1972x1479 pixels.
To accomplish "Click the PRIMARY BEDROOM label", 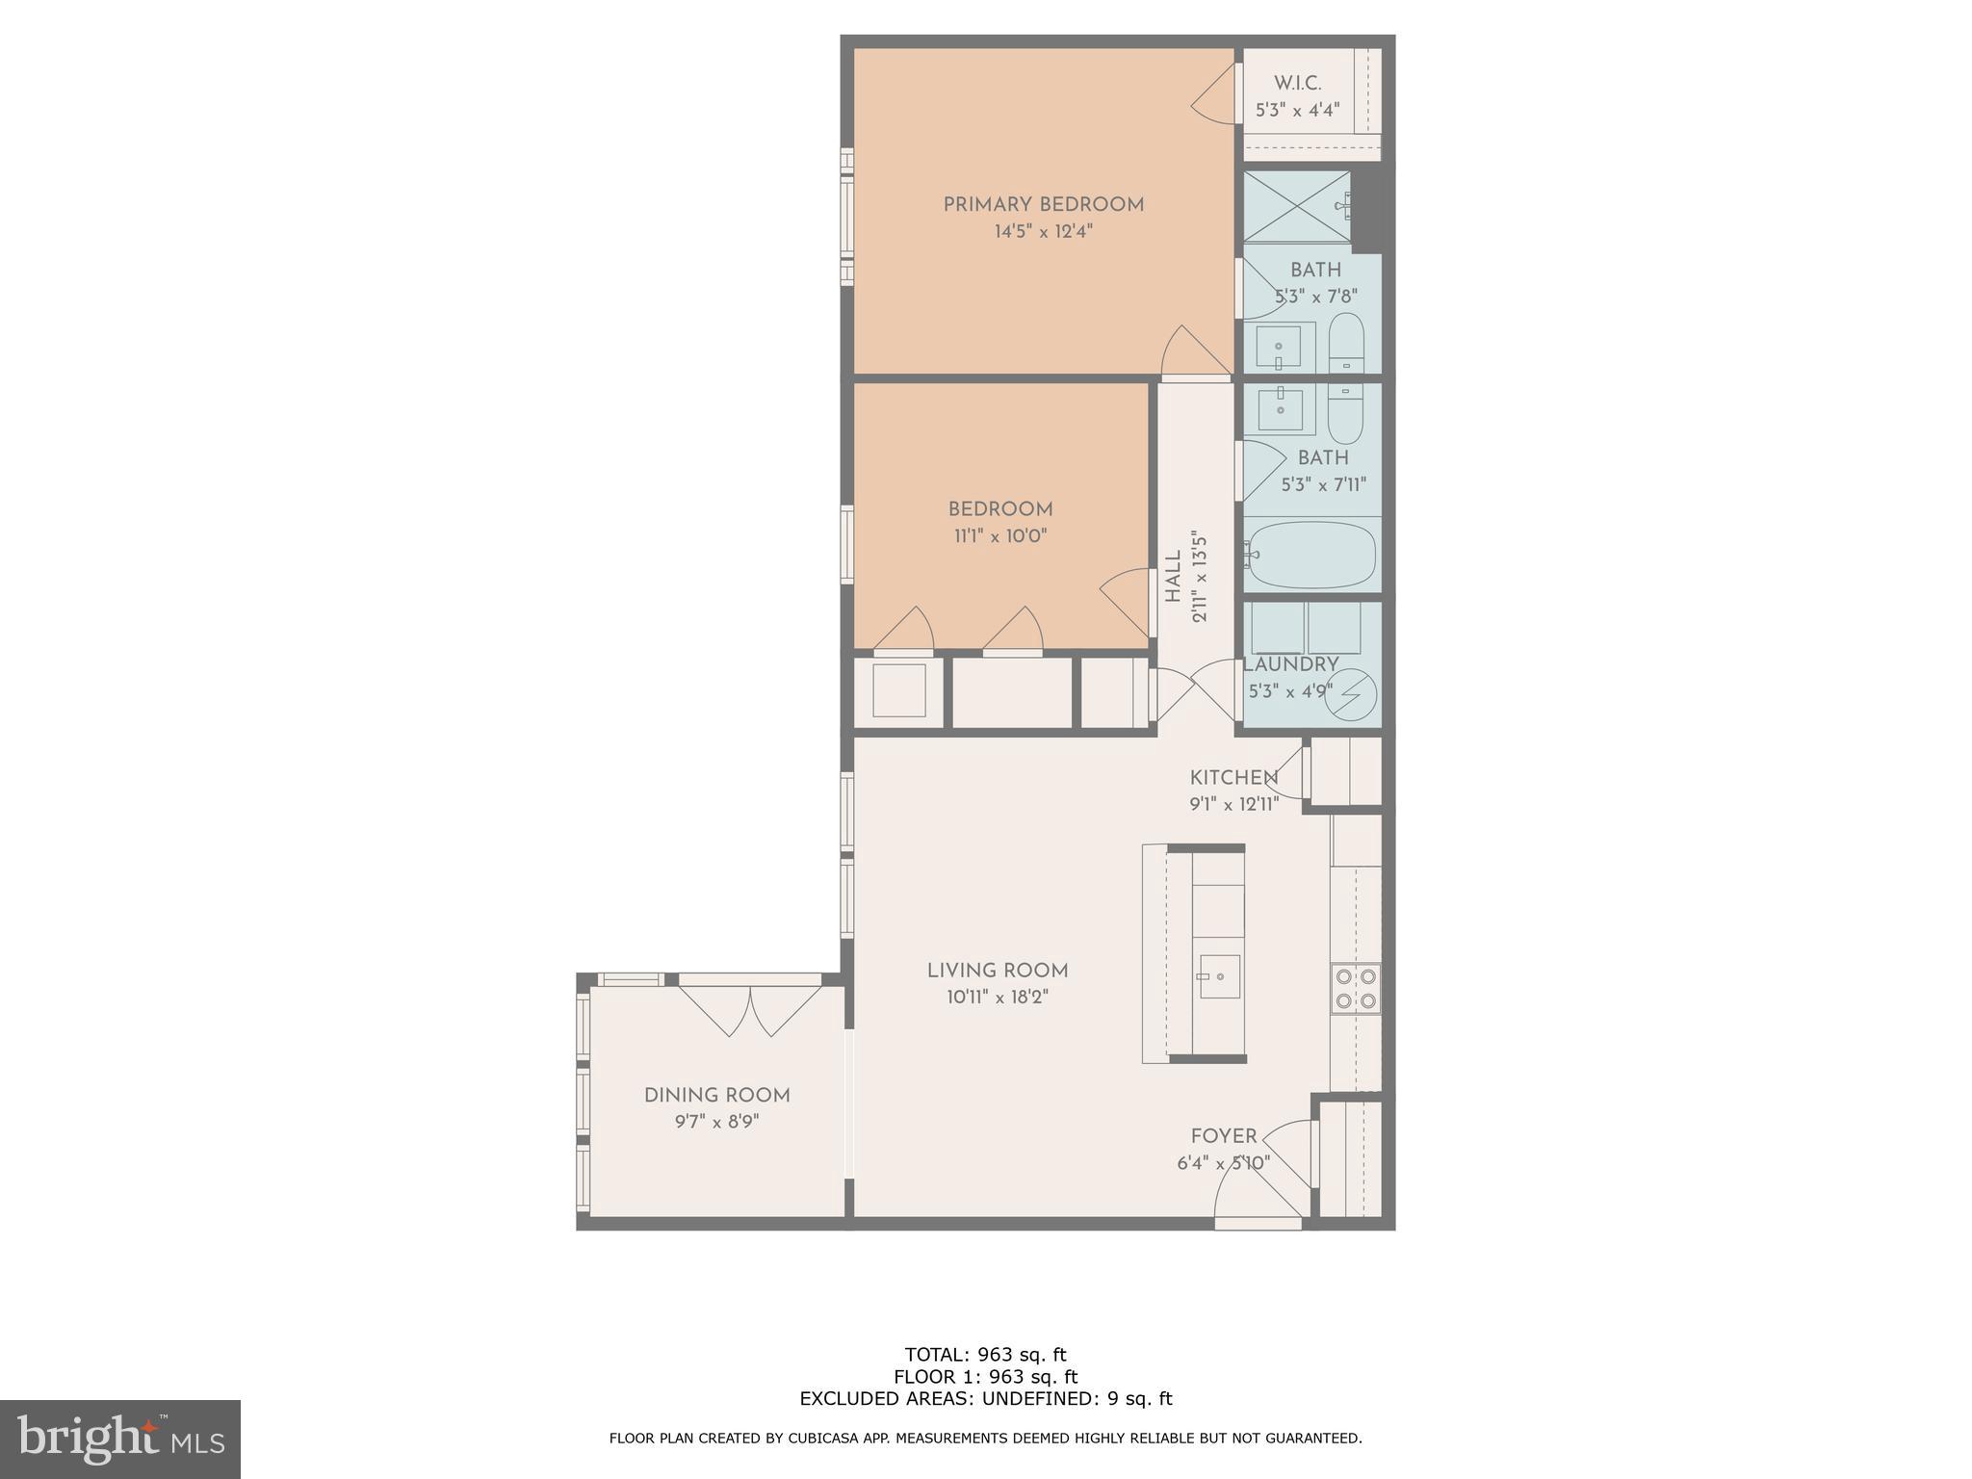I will (1043, 204).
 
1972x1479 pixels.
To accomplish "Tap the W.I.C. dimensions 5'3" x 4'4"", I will (1297, 111).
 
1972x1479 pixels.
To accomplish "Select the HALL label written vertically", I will (1173, 577).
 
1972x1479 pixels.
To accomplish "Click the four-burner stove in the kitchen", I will (1356, 988).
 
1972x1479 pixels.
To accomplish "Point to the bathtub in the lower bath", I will (1310, 555).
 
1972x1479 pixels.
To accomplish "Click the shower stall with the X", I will (1296, 205).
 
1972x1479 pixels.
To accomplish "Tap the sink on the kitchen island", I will (1218, 977).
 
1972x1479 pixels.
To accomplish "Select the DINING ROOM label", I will (716, 1095).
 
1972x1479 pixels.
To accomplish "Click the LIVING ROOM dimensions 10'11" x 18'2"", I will (997, 998).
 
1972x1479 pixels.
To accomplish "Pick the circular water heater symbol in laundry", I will (1351, 693).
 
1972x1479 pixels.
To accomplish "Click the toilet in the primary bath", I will (1346, 342).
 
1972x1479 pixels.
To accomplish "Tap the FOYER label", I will (1224, 1136).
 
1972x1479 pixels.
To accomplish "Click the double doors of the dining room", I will (750, 1007).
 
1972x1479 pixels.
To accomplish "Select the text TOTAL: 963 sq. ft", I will (985, 1355).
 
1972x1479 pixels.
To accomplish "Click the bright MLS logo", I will (120, 1439).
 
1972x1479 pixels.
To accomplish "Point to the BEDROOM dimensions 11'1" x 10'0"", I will (999, 536).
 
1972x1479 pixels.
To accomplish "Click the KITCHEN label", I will (1233, 777).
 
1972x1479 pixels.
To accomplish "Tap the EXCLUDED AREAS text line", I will (985, 1399).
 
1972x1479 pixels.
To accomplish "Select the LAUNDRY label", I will (1290, 664).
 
